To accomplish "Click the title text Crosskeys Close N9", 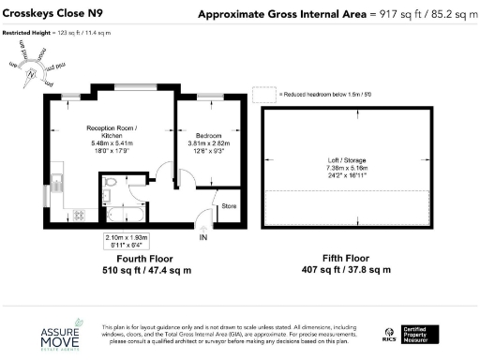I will [x=53, y=14].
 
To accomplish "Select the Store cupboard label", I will [x=227, y=203].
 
